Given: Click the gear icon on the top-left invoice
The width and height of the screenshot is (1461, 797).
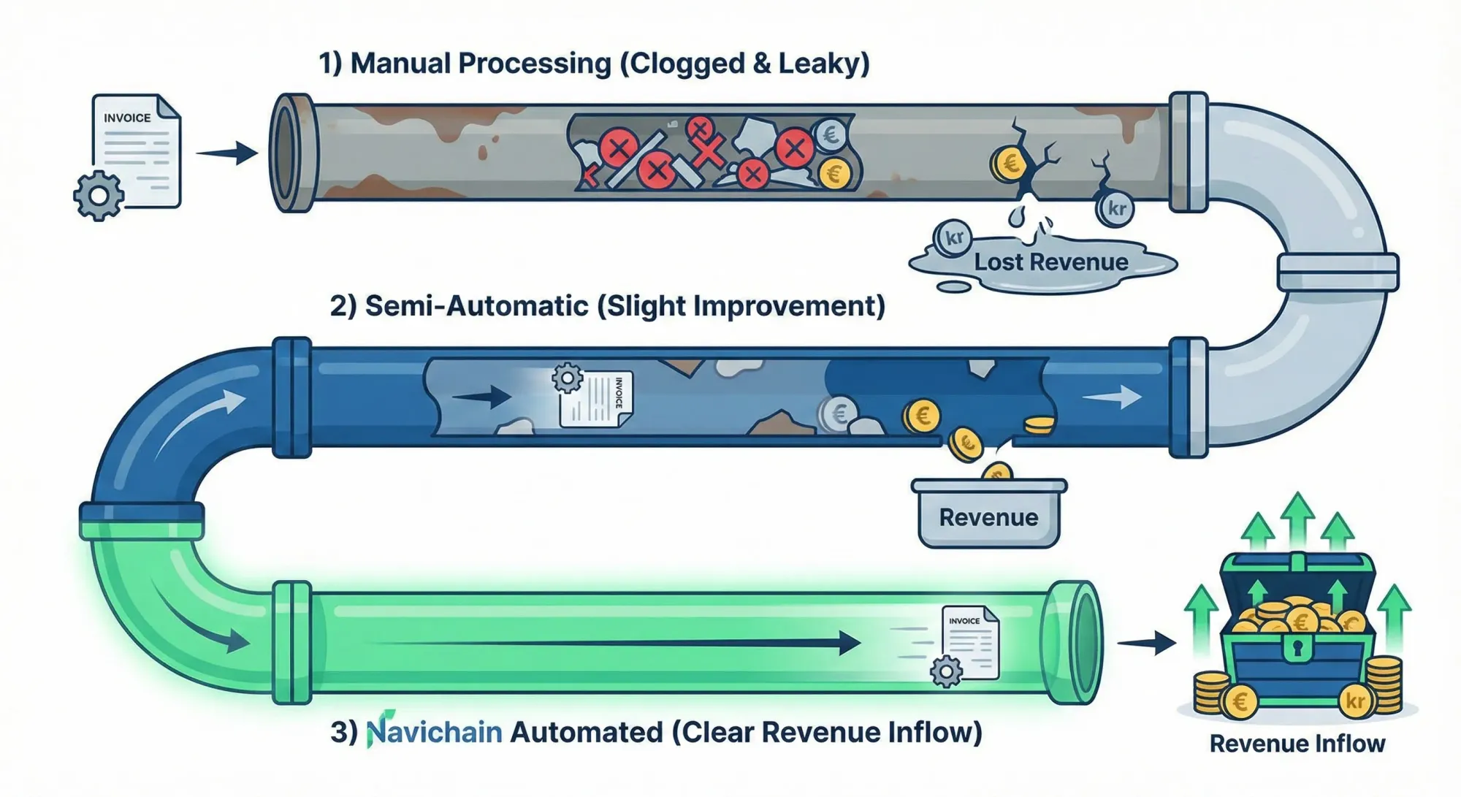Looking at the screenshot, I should pyautogui.click(x=99, y=195).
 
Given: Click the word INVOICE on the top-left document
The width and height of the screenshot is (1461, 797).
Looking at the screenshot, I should pyautogui.click(x=127, y=118).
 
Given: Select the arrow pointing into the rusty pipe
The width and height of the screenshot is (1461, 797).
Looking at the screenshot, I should pyautogui.click(x=227, y=153).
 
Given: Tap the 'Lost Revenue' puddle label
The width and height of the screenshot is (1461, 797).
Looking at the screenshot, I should pyautogui.click(x=1050, y=262).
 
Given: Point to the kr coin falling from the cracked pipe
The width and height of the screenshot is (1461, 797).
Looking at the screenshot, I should pyautogui.click(x=1115, y=209).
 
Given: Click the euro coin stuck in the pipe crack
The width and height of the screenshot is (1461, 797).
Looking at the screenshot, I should pyautogui.click(x=1010, y=164).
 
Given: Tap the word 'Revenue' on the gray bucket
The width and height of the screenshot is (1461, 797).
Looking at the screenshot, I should pyautogui.click(x=988, y=517).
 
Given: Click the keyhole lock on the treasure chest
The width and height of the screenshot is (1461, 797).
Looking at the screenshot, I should pyautogui.click(x=1297, y=646).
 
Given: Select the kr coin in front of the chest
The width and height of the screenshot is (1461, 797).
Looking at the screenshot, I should pyautogui.click(x=1356, y=701).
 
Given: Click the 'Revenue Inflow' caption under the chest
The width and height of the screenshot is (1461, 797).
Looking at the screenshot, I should pyautogui.click(x=1297, y=744).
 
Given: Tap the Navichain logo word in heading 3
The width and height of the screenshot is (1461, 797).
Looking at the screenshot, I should pyautogui.click(x=434, y=732).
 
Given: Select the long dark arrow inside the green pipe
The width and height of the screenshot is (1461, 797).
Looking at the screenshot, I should pyautogui.click(x=614, y=644).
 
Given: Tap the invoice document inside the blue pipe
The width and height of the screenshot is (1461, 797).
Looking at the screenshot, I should pyautogui.click(x=596, y=399).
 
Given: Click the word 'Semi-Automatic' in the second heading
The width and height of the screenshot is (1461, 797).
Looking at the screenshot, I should pyautogui.click(x=476, y=305).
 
